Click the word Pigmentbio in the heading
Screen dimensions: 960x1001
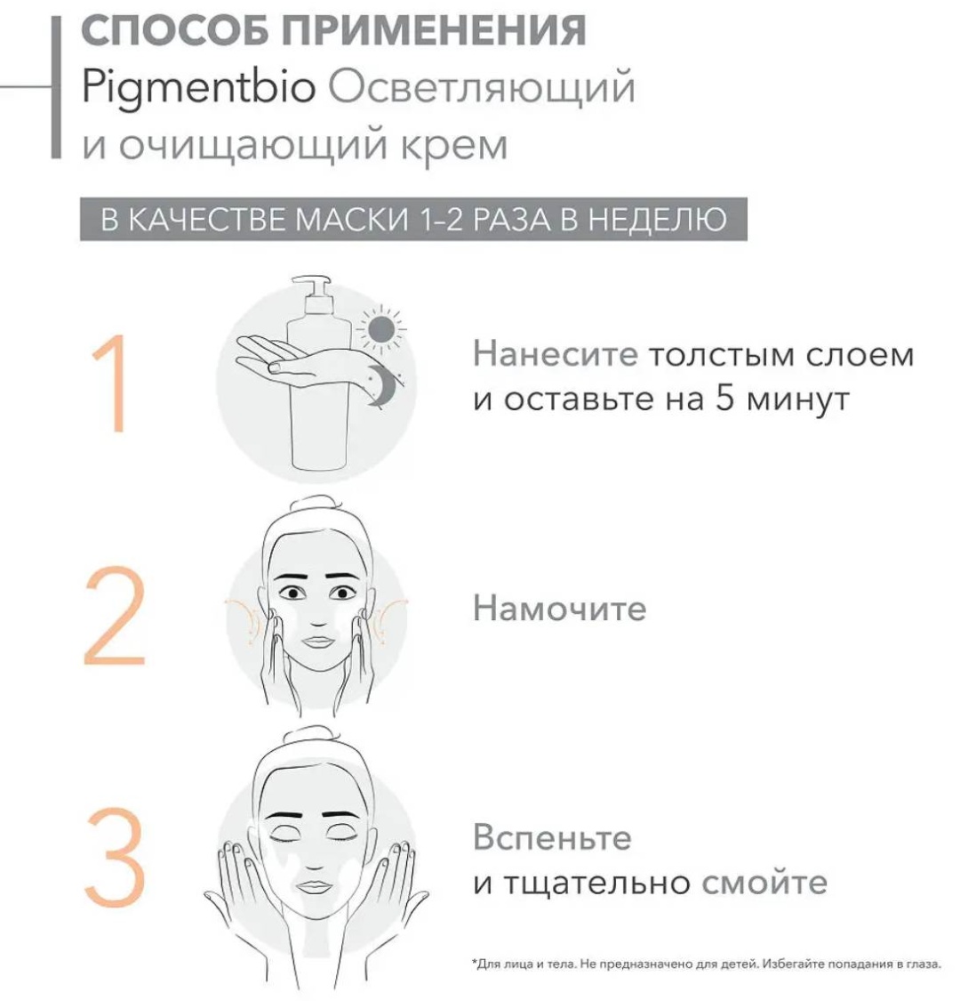tap(198, 87)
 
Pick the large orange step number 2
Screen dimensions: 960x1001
tap(115, 616)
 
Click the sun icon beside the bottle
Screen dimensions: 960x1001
tap(380, 329)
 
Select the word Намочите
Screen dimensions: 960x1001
tap(559, 609)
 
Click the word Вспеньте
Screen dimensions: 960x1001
tap(552, 837)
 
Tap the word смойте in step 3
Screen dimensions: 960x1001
tap(764, 883)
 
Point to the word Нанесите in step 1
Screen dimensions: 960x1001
tap(555, 354)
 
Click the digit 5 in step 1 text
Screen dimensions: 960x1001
tap(724, 399)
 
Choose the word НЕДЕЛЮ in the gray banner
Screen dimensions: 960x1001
tap(657, 220)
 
